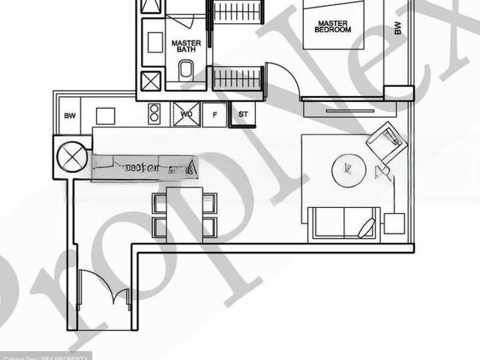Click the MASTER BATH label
pyautogui.click(x=186, y=46)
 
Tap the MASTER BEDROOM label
pyautogui.click(x=334, y=26)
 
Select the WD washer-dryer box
pyautogui.click(x=187, y=115)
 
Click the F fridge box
pyautogui.click(x=214, y=115)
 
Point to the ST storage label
pyautogui.click(x=242, y=115)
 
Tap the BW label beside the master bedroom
pyautogui.click(x=397, y=28)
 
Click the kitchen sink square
pyautogui.click(x=105, y=116)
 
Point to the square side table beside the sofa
pyautogui.click(x=394, y=223)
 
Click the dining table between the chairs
pyautogui.click(x=184, y=214)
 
